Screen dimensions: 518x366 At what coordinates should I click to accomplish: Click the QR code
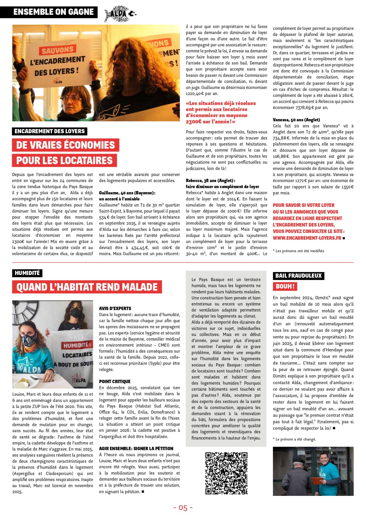[226, 473]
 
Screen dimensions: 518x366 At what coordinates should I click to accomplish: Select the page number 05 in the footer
[183, 508]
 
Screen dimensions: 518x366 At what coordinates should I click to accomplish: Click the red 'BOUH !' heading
[285, 286]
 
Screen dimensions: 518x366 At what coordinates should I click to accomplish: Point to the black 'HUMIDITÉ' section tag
[27, 273]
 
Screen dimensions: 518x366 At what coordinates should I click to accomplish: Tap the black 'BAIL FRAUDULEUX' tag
[298, 276]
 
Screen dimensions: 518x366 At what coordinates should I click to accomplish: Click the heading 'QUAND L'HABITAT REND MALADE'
[87, 287]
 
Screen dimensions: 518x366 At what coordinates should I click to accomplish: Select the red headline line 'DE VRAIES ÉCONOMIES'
[66, 145]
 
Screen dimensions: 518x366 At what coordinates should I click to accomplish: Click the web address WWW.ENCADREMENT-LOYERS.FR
[307, 238]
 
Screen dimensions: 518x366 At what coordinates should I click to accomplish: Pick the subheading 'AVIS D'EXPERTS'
[115, 308]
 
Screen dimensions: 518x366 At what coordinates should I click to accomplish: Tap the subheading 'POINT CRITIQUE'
[115, 381]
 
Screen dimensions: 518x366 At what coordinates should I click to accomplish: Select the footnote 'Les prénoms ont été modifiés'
[299, 251]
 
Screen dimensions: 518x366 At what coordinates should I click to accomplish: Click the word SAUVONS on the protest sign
[57, 50]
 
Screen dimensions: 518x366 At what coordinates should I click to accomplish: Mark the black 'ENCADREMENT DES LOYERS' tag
[50, 131]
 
